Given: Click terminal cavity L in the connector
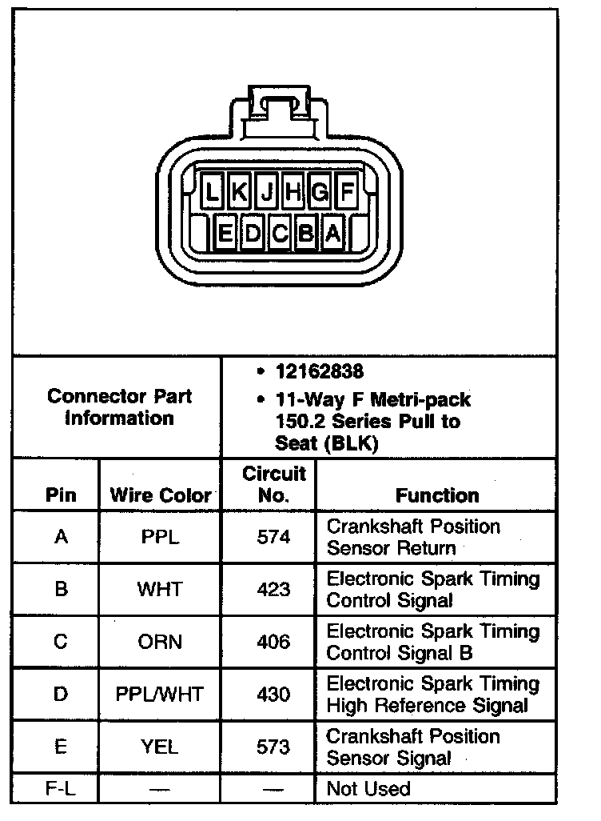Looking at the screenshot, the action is pos(212,192).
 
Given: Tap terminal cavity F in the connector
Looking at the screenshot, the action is pos(348,192).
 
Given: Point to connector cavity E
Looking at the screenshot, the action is pos(225,234).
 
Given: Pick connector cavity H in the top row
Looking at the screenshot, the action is pos(293,192).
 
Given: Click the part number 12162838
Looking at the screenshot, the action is pos(319,372).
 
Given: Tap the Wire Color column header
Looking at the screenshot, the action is pos(161,495).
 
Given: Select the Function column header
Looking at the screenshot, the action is pos(437,495).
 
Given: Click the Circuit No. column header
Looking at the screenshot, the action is pos(273,485).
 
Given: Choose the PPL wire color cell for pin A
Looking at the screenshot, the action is pos(160,537).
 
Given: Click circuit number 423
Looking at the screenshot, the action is pos(273,590).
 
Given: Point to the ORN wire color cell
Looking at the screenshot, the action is pos(160,642).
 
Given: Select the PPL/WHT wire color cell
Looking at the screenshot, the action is pos(160,694).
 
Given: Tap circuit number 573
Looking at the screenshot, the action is pos(273,747).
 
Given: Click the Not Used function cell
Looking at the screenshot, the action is pos(368,789).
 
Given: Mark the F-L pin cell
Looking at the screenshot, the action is pos(61,789).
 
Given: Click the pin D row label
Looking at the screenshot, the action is pos(61,694).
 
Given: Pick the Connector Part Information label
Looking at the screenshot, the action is pos(119,407).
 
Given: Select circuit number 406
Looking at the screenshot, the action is pos(273,642).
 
